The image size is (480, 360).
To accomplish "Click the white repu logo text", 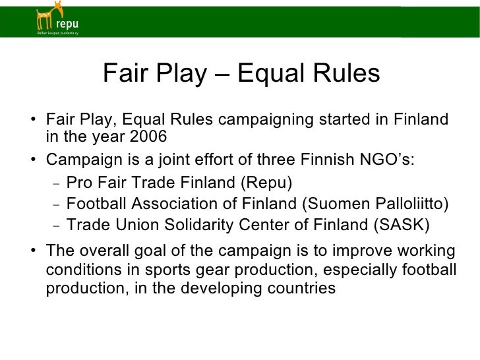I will click(69, 24).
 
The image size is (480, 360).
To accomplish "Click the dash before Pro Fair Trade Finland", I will click(57, 183).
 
